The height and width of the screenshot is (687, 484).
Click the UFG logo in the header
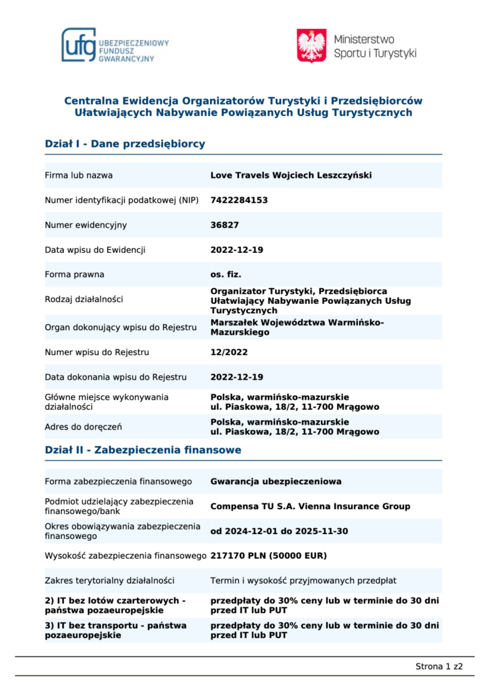115,45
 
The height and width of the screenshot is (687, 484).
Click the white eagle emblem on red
311,46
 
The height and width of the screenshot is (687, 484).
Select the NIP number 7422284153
239,200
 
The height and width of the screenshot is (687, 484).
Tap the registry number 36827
224,225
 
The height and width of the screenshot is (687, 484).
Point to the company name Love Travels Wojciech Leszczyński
291,175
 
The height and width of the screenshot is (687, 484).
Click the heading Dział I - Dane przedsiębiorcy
125,144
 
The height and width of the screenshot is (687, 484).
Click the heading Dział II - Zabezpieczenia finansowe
143,450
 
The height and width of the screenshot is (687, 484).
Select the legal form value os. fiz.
226,274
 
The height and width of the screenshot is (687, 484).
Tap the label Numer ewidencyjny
85,225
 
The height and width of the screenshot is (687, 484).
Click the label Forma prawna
74,274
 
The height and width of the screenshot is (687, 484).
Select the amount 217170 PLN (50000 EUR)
269,556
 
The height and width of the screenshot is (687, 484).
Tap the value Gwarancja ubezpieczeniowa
276,481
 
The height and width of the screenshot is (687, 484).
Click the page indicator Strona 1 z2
439,666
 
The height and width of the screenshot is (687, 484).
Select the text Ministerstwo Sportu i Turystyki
375,46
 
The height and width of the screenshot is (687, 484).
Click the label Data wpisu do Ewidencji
95,250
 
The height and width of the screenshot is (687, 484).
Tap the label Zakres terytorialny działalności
109,580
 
